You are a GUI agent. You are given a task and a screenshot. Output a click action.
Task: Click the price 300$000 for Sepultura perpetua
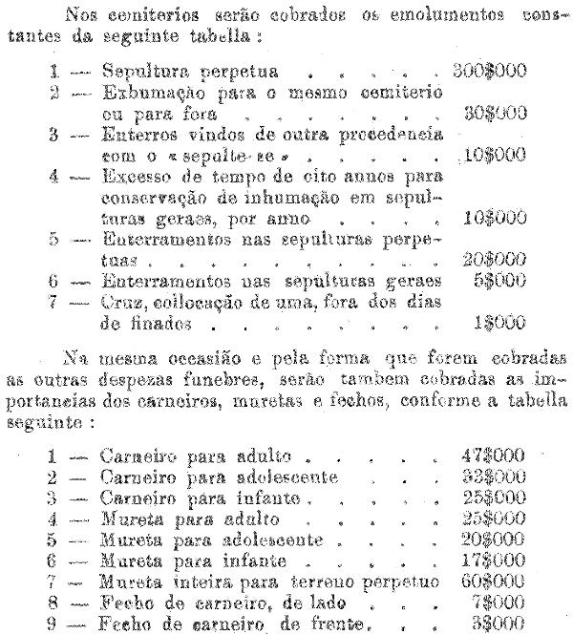pos(490,72)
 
